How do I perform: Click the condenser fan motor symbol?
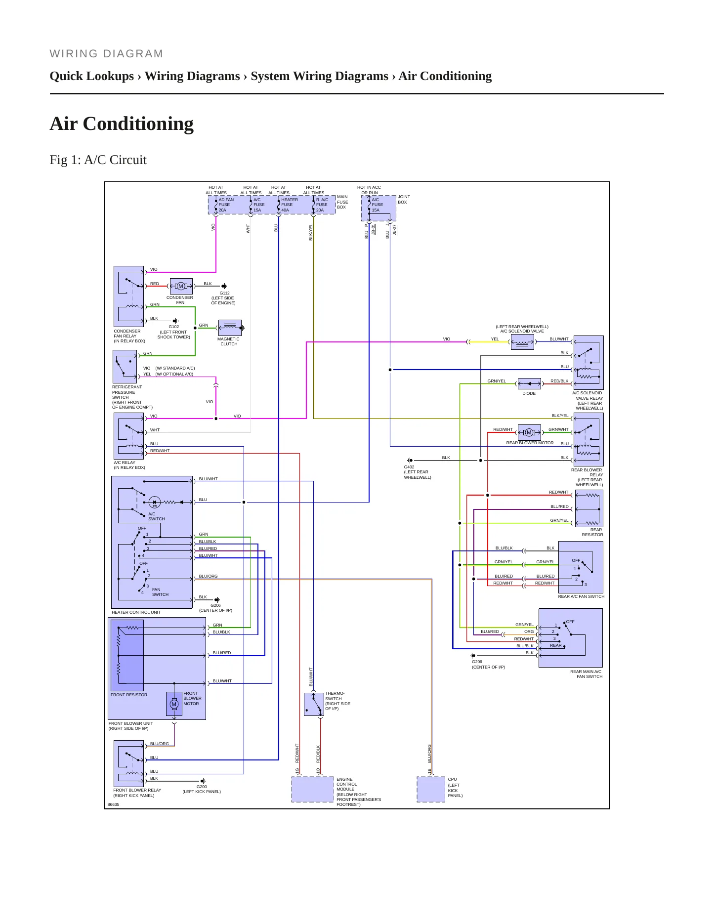pyautogui.click(x=181, y=286)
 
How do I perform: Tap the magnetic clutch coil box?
pyautogui.click(x=230, y=328)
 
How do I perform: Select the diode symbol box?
pyautogui.click(x=529, y=383)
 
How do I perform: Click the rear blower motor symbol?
pyautogui.click(x=529, y=432)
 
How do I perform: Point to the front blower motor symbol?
pyautogui.click(x=174, y=704)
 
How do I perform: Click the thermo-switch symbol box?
pyautogui.click(x=314, y=704)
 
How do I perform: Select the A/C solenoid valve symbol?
pyautogui.click(x=522, y=342)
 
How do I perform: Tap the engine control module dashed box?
pyautogui.click(x=313, y=789)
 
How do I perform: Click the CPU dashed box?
pyautogui.click(x=431, y=789)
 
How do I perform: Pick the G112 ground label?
pyautogui.click(x=224, y=293)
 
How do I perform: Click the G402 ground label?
pyautogui.click(x=409, y=467)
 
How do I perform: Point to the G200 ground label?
pyautogui.click(x=202, y=787)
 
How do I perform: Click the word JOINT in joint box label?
pyautogui.click(x=404, y=197)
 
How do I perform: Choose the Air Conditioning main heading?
pyautogui.click(x=122, y=124)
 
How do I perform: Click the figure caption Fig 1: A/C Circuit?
pyautogui.click(x=98, y=160)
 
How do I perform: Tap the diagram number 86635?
pyautogui.click(x=113, y=804)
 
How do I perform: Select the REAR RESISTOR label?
pyautogui.click(x=592, y=532)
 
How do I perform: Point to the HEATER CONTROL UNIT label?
pyautogui.click(x=136, y=612)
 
